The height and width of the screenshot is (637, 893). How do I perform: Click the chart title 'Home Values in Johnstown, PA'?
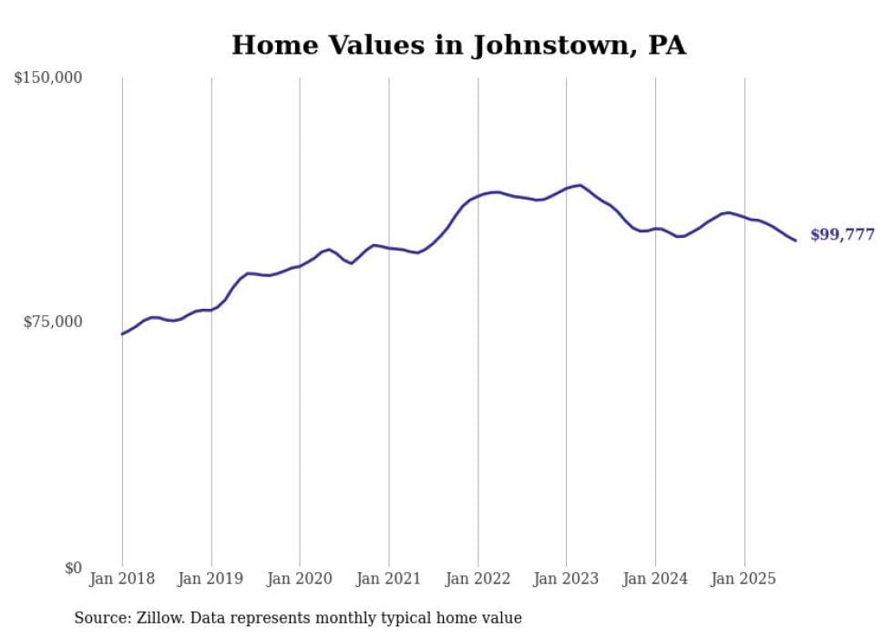(x=458, y=46)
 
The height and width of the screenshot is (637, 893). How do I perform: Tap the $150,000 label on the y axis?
(x=48, y=78)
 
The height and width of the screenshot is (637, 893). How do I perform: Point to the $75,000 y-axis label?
(x=52, y=322)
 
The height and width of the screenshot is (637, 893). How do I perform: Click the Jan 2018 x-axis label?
(x=122, y=579)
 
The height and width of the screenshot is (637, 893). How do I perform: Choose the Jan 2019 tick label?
(x=211, y=579)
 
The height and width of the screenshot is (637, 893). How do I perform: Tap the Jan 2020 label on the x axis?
(x=300, y=579)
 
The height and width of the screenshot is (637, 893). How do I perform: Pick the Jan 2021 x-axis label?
(x=389, y=579)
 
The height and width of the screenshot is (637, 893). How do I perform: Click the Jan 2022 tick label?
(x=477, y=579)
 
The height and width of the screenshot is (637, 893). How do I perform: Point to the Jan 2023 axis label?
(x=567, y=579)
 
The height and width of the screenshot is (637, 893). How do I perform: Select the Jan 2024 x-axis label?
(x=655, y=579)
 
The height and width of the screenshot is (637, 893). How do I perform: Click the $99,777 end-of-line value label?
(x=842, y=235)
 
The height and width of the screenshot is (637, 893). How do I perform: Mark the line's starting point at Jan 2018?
(x=122, y=334)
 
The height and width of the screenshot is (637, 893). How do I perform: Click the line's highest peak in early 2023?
(x=580, y=185)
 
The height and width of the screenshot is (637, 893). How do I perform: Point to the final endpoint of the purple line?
(x=795, y=241)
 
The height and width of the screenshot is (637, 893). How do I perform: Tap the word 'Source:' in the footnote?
(x=100, y=618)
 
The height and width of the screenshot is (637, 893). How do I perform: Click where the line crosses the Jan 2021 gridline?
(x=389, y=248)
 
